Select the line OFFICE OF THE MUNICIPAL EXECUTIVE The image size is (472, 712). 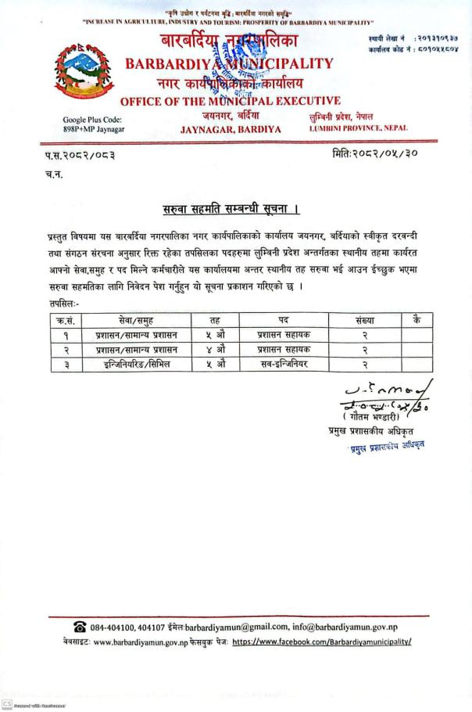click(x=231, y=100)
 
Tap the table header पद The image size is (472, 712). click(x=283, y=320)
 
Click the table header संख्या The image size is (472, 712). click(x=365, y=320)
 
